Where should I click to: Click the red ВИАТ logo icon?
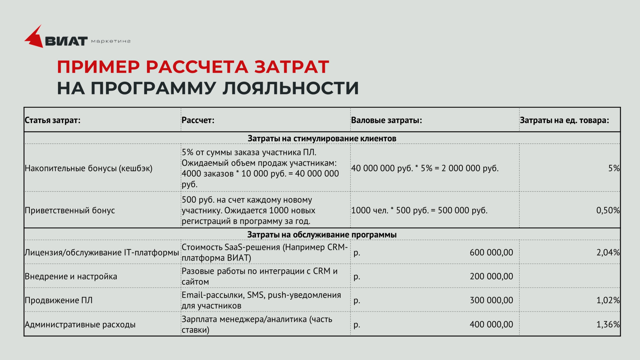click(34, 37)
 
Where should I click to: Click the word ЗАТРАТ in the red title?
click(292, 67)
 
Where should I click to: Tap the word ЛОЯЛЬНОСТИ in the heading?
click(291, 88)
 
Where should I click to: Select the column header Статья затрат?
click(53, 120)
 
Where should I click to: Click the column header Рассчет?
click(198, 120)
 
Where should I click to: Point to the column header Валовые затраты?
click(386, 120)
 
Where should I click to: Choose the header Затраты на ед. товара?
click(564, 120)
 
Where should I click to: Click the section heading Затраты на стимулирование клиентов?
click(322, 138)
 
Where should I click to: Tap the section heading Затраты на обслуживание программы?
click(322, 235)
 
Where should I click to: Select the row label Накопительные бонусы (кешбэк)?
click(88, 168)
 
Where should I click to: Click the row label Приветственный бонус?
click(70, 210)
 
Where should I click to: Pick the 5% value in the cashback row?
click(614, 168)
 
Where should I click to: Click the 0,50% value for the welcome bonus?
click(608, 210)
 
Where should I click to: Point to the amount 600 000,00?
click(491, 253)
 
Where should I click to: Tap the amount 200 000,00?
click(491, 276)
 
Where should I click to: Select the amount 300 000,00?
click(491, 300)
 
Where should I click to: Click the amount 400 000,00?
click(491, 324)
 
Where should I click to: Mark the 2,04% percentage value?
click(608, 253)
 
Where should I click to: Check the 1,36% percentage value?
click(608, 324)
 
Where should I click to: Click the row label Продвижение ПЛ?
click(59, 300)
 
